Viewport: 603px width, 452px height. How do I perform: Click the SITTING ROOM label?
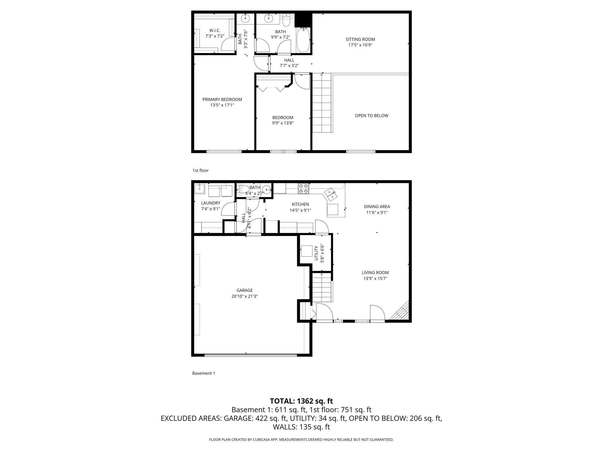tap(360, 39)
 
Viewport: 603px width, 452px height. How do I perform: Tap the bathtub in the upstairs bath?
tap(304, 40)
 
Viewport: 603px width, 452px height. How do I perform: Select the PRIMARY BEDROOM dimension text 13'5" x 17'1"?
tap(222, 105)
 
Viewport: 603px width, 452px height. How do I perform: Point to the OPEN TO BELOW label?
tap(371, 116)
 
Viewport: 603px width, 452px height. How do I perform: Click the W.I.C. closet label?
tap(215, 30)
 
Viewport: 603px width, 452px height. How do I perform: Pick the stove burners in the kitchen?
tap(304, 188)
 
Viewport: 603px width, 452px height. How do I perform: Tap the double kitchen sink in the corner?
tap(330, 194)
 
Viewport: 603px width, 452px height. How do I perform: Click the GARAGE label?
tap(244, 290)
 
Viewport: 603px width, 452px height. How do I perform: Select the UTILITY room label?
tap(316, 253)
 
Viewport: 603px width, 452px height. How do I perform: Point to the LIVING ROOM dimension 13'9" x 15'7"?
tap(375, 279)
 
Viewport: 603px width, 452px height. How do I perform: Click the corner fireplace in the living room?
tap(399, 310)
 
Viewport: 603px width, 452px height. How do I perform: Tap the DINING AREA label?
tap(377, 207)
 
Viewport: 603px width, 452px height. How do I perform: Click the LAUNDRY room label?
tap(211, 203)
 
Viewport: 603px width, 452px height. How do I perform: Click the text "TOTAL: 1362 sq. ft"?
tap(301, 401)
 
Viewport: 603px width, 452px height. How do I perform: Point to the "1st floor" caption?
tap(201, 170)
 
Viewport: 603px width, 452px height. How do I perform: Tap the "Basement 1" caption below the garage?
tap(204, 373)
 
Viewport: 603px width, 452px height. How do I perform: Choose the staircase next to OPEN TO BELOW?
tap(322, 103)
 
